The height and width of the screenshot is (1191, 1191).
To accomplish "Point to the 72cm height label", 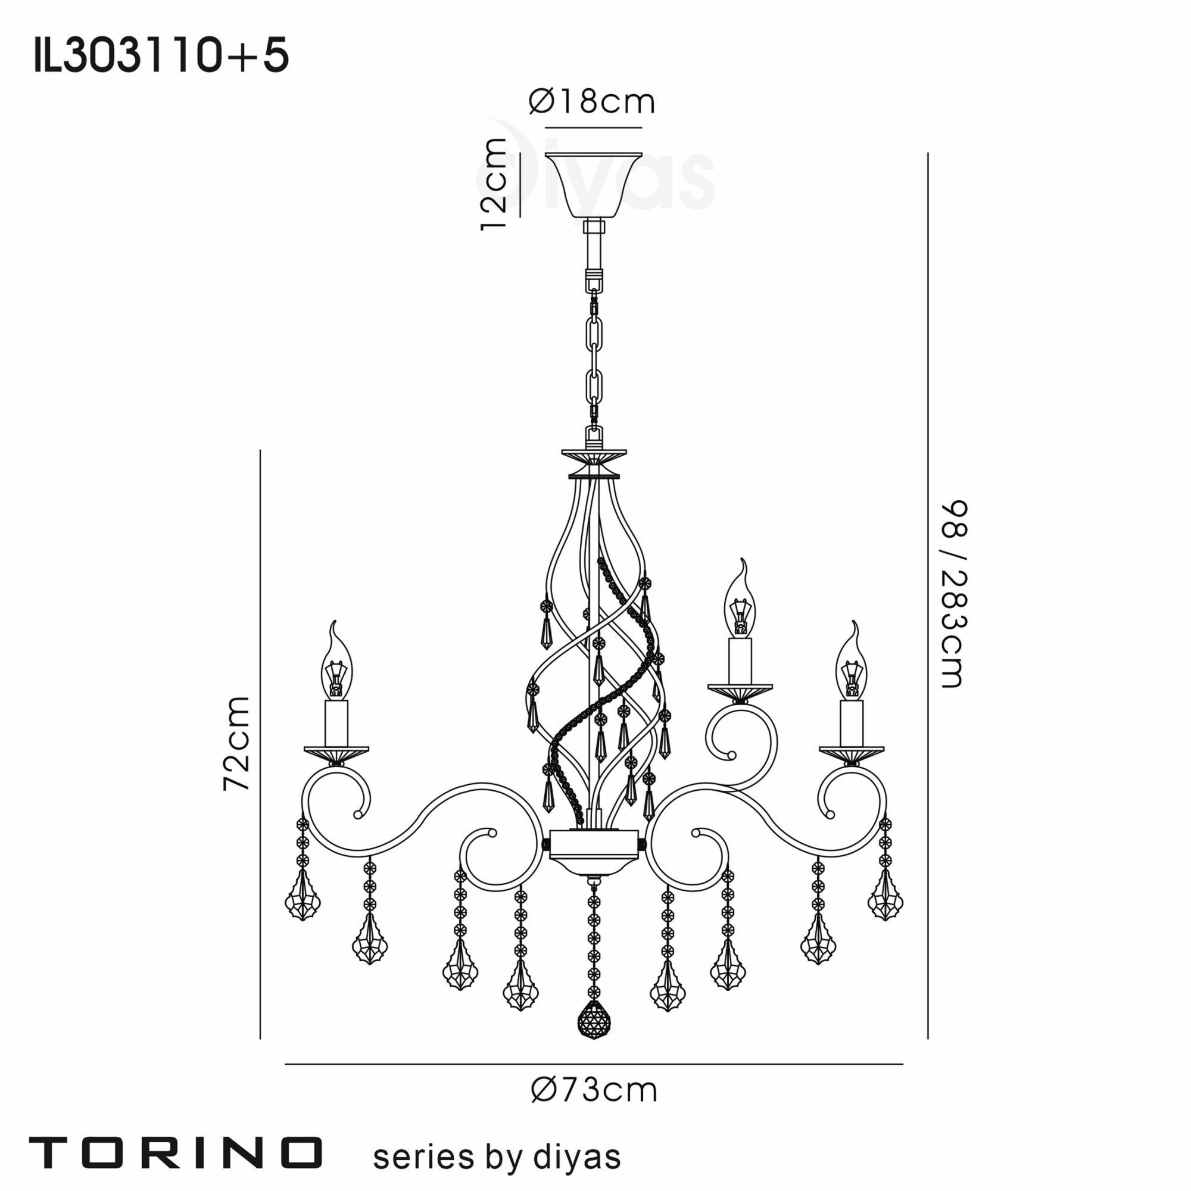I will [237, 743].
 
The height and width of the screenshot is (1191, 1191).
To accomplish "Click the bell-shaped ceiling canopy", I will [594, 185].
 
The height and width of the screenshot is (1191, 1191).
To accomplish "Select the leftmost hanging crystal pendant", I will [303, 901].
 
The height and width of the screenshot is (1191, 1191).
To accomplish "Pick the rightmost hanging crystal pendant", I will [886, 901].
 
